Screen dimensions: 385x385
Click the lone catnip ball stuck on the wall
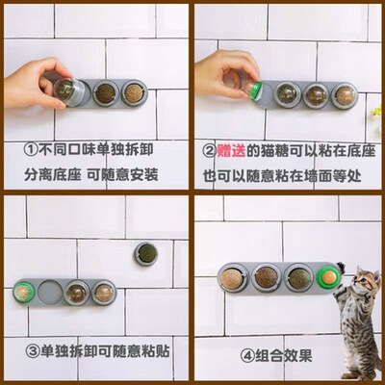click(x=147, y=252)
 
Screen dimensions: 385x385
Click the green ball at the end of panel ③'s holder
click(x=23, y=289)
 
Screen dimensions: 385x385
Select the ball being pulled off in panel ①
click(x=67, y=90)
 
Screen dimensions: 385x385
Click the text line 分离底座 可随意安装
click(x=92, y=177)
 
